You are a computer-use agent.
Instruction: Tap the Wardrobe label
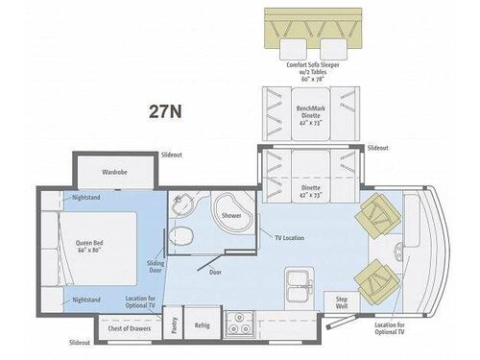[114, 174]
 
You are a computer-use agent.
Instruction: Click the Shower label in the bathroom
[230, 216]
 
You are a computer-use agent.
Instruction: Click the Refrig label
[202, 325]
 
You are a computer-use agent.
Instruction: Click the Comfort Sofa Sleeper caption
[321, 70]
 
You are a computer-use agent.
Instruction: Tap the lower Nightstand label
[85, 300]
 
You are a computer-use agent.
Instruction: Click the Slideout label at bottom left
[81, 342]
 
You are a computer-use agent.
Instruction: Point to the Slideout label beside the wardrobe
[171, 154]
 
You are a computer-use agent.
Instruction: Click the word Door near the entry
[215, 273]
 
